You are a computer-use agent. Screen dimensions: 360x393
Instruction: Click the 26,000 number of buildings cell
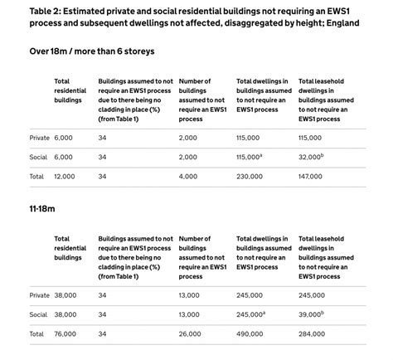(x=190, y=334)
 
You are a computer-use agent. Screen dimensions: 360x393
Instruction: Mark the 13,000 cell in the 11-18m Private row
(x=190, y=294)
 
